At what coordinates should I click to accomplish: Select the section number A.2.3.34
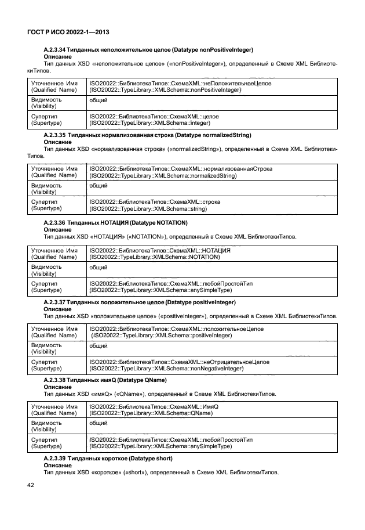55,51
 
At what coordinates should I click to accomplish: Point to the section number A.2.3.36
55,222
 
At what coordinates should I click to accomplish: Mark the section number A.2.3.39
55,459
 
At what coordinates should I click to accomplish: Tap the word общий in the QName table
98,424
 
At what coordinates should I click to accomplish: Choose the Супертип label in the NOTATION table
44,283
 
